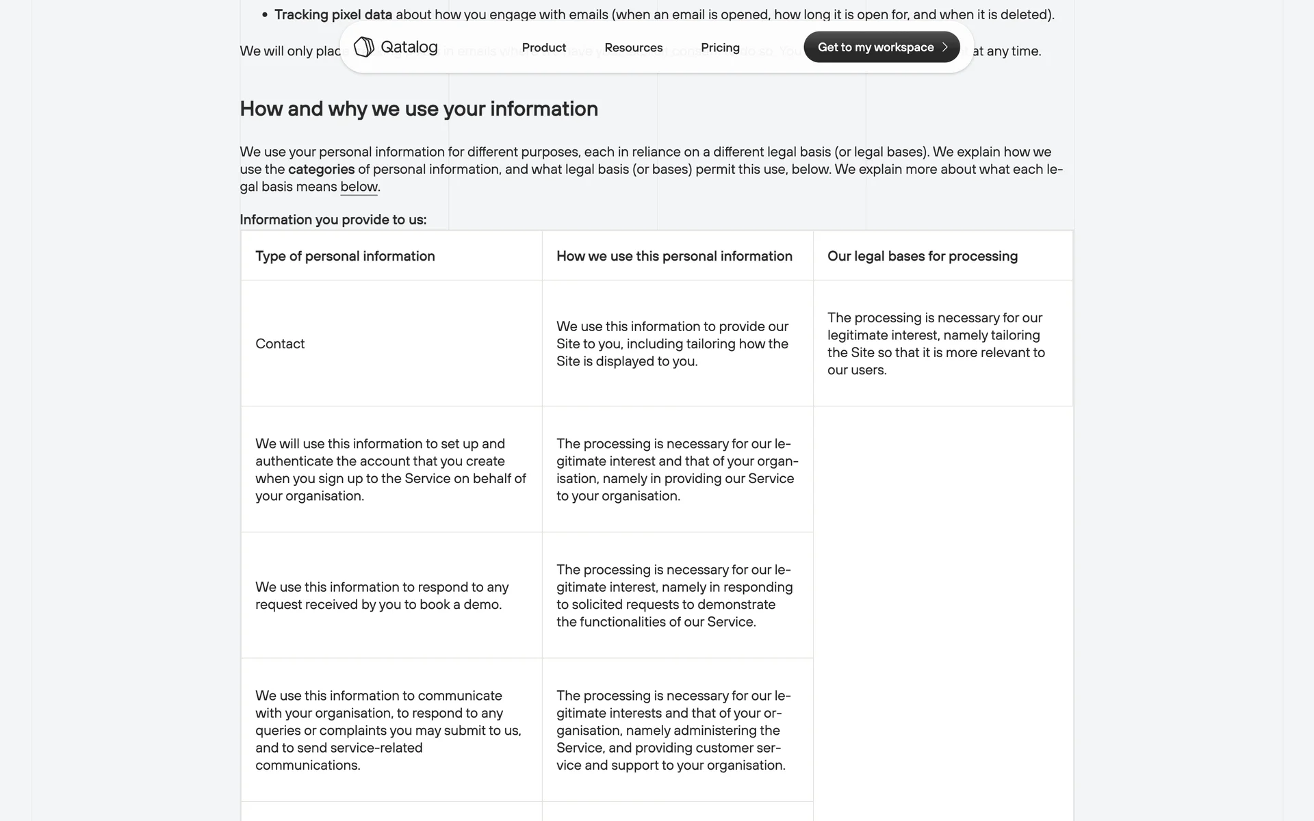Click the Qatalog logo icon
pyautogui.click(x=363, y=47)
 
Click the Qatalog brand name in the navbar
pyautogui.click(x=409, y=47)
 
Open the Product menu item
pyautogui.click(x=543, y=47)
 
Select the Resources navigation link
pyautogui.click(x=633, y=47)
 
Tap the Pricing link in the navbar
pyautogui.click(x=720, y=47)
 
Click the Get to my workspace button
pyautogui.click(x=875, y=47)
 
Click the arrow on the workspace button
pyautogui.click(x=945, y=47)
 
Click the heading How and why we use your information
pyautogui.click(x=419, y=109)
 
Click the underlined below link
pyautogui.click(x=359, y=187)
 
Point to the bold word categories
pyautogui.click(x=321, y=169)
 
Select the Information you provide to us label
pyautogui.click(x=333, y=220)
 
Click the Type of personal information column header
pyautogui.click(x=345, y=256)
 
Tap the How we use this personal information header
pyautogui.click(x=674, y=256)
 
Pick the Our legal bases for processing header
pyautogui.click(x=922, y=256)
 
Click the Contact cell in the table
pyautogui.click(x=280, y=343)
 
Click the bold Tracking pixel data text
pyautogui.click(x=333, y=14)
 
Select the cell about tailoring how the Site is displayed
pyautogui.click(x=672, y=343)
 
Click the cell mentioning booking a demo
pyautogui.click(x=382, y=595)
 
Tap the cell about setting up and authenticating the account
pyautogui.click(x=390, y=469)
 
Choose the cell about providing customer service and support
pyautogui.click(x=673, y=730)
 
